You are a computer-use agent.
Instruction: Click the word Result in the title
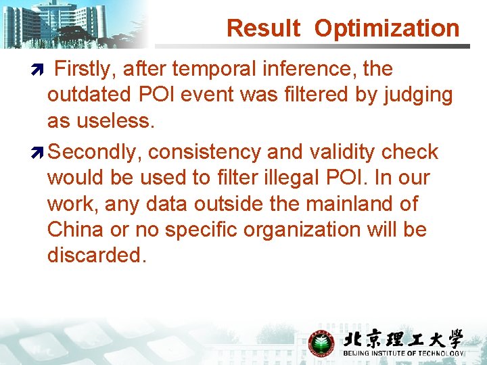point(263,28)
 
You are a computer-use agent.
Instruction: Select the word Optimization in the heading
point(387,28)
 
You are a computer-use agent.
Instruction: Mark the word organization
point(293,230)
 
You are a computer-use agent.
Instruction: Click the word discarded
point(97,255)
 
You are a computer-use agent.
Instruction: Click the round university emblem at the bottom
point(321,343)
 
